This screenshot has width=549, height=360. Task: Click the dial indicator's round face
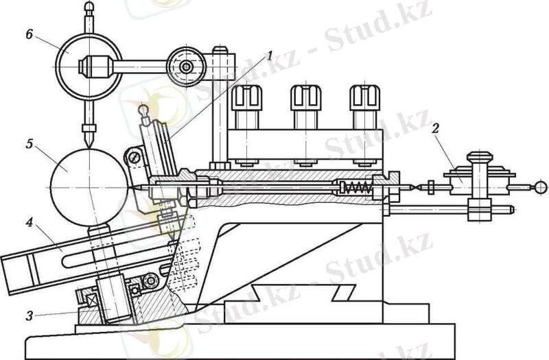click(91, 67)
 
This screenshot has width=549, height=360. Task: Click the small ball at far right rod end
click(541, 186)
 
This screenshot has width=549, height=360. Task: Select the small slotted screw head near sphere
click(135, 158)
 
